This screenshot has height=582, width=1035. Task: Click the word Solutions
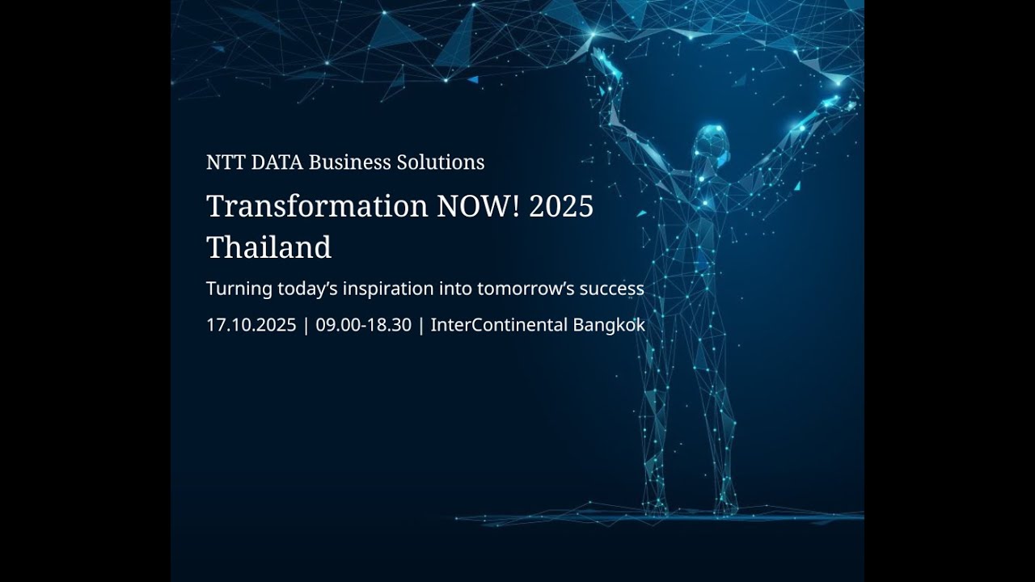(x=441, y=162)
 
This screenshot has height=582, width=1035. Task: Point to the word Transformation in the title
(x=317, y=207)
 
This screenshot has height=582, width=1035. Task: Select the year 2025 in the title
(x=561, y=207)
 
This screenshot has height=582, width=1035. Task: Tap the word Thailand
(x=268, y=247)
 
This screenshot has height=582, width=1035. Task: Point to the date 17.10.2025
(x=251, y=326)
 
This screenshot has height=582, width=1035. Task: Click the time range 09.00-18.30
(x=364, y=326)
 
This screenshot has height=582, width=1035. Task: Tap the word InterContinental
(x=498, y=326)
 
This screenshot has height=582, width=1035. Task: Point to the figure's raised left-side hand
(x=600, y=58)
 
